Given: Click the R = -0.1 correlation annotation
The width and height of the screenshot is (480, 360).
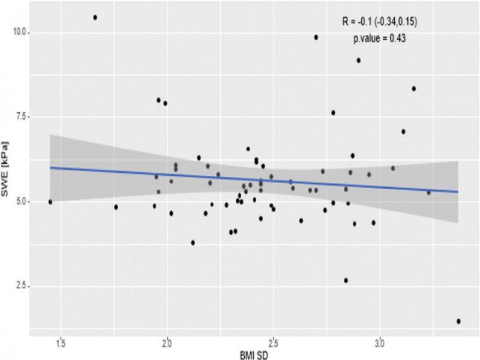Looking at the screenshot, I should coord(379,22).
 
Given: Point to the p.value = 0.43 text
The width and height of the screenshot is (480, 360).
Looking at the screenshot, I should coord(381,38).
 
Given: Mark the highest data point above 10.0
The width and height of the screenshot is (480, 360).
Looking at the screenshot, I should coord(95,17).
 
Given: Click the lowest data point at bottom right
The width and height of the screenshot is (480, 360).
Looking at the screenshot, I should coord(458,321).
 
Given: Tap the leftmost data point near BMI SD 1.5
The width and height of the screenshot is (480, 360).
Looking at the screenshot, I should coord(50,202).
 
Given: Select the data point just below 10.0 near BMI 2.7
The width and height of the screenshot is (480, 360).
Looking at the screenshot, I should coord(316,37).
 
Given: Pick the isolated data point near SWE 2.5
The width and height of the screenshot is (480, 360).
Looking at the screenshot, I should coord(346,280).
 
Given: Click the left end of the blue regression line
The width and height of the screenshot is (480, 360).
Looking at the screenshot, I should coord(50,167).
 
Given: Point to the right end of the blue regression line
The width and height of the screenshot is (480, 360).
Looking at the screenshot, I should coord(458,192).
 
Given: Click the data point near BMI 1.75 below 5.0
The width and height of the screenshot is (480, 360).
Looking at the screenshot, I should coord(116,207).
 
